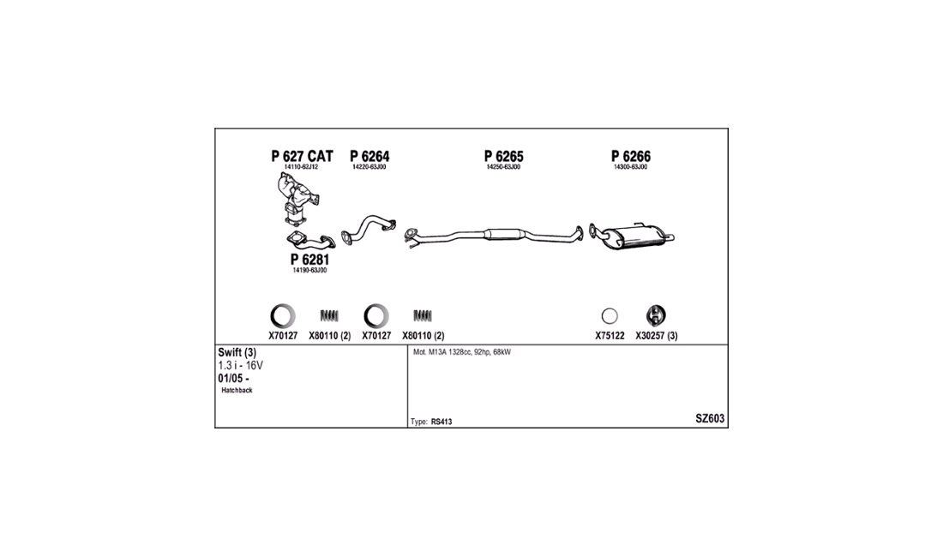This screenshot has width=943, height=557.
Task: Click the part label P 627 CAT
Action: [x=302, y=156]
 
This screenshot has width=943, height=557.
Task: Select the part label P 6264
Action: [x=369, y=156]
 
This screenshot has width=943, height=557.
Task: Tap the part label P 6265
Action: [x=504, y=156]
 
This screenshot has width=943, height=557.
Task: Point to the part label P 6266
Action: [x=631, y=156]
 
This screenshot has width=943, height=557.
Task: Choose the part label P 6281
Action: [x=309, y=260]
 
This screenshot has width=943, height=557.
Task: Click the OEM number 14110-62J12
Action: [x=301, y=167]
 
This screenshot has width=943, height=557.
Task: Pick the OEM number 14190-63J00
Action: [x=309, y=271]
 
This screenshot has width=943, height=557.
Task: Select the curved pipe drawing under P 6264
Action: [x=368, y=229]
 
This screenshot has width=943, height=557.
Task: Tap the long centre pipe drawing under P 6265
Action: [x=493, y=237]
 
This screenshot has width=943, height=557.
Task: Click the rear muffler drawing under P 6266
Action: [x=632, y=237]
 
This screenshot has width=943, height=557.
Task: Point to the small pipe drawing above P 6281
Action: [x=311, y=240]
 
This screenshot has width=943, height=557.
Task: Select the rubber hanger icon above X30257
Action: [x=656, y=315]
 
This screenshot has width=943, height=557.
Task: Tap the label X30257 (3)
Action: [x=657, y=336]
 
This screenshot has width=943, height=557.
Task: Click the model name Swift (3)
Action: [x=237, y=353]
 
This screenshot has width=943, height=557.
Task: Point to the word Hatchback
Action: [x=237, y=391]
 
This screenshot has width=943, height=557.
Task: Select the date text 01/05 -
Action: [x=233, y=379]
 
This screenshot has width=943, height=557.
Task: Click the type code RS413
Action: [x=441, y=422]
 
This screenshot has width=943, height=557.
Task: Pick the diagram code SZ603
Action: [x=711, y=419]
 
